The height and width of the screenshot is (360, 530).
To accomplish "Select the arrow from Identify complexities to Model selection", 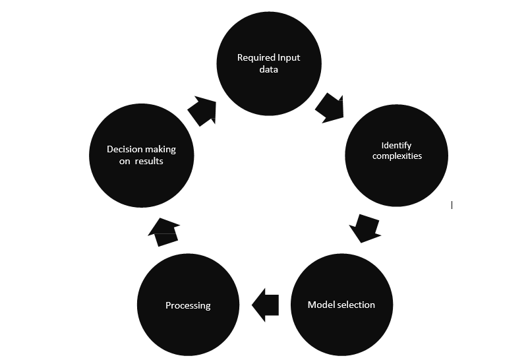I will [x=365, y=227].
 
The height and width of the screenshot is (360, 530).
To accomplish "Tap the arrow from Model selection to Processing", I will [x=266, y=305].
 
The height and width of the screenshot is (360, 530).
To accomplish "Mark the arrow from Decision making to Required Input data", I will [x=202, y=109].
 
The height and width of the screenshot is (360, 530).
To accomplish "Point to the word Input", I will [x=287, y=58].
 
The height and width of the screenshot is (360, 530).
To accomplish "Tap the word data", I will [x=268, y=70].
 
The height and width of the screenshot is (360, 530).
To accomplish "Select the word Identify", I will [x=397, y=145].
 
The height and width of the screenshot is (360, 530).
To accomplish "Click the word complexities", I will [x=397, y=156].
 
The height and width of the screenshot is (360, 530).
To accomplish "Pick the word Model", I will [x=321, y=305].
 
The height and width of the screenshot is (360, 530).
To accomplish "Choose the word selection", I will [x=356, y=305].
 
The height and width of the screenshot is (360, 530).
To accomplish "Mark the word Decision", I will [x=123, y=150].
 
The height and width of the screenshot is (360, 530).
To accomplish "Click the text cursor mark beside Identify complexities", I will [x=452, y=205].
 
